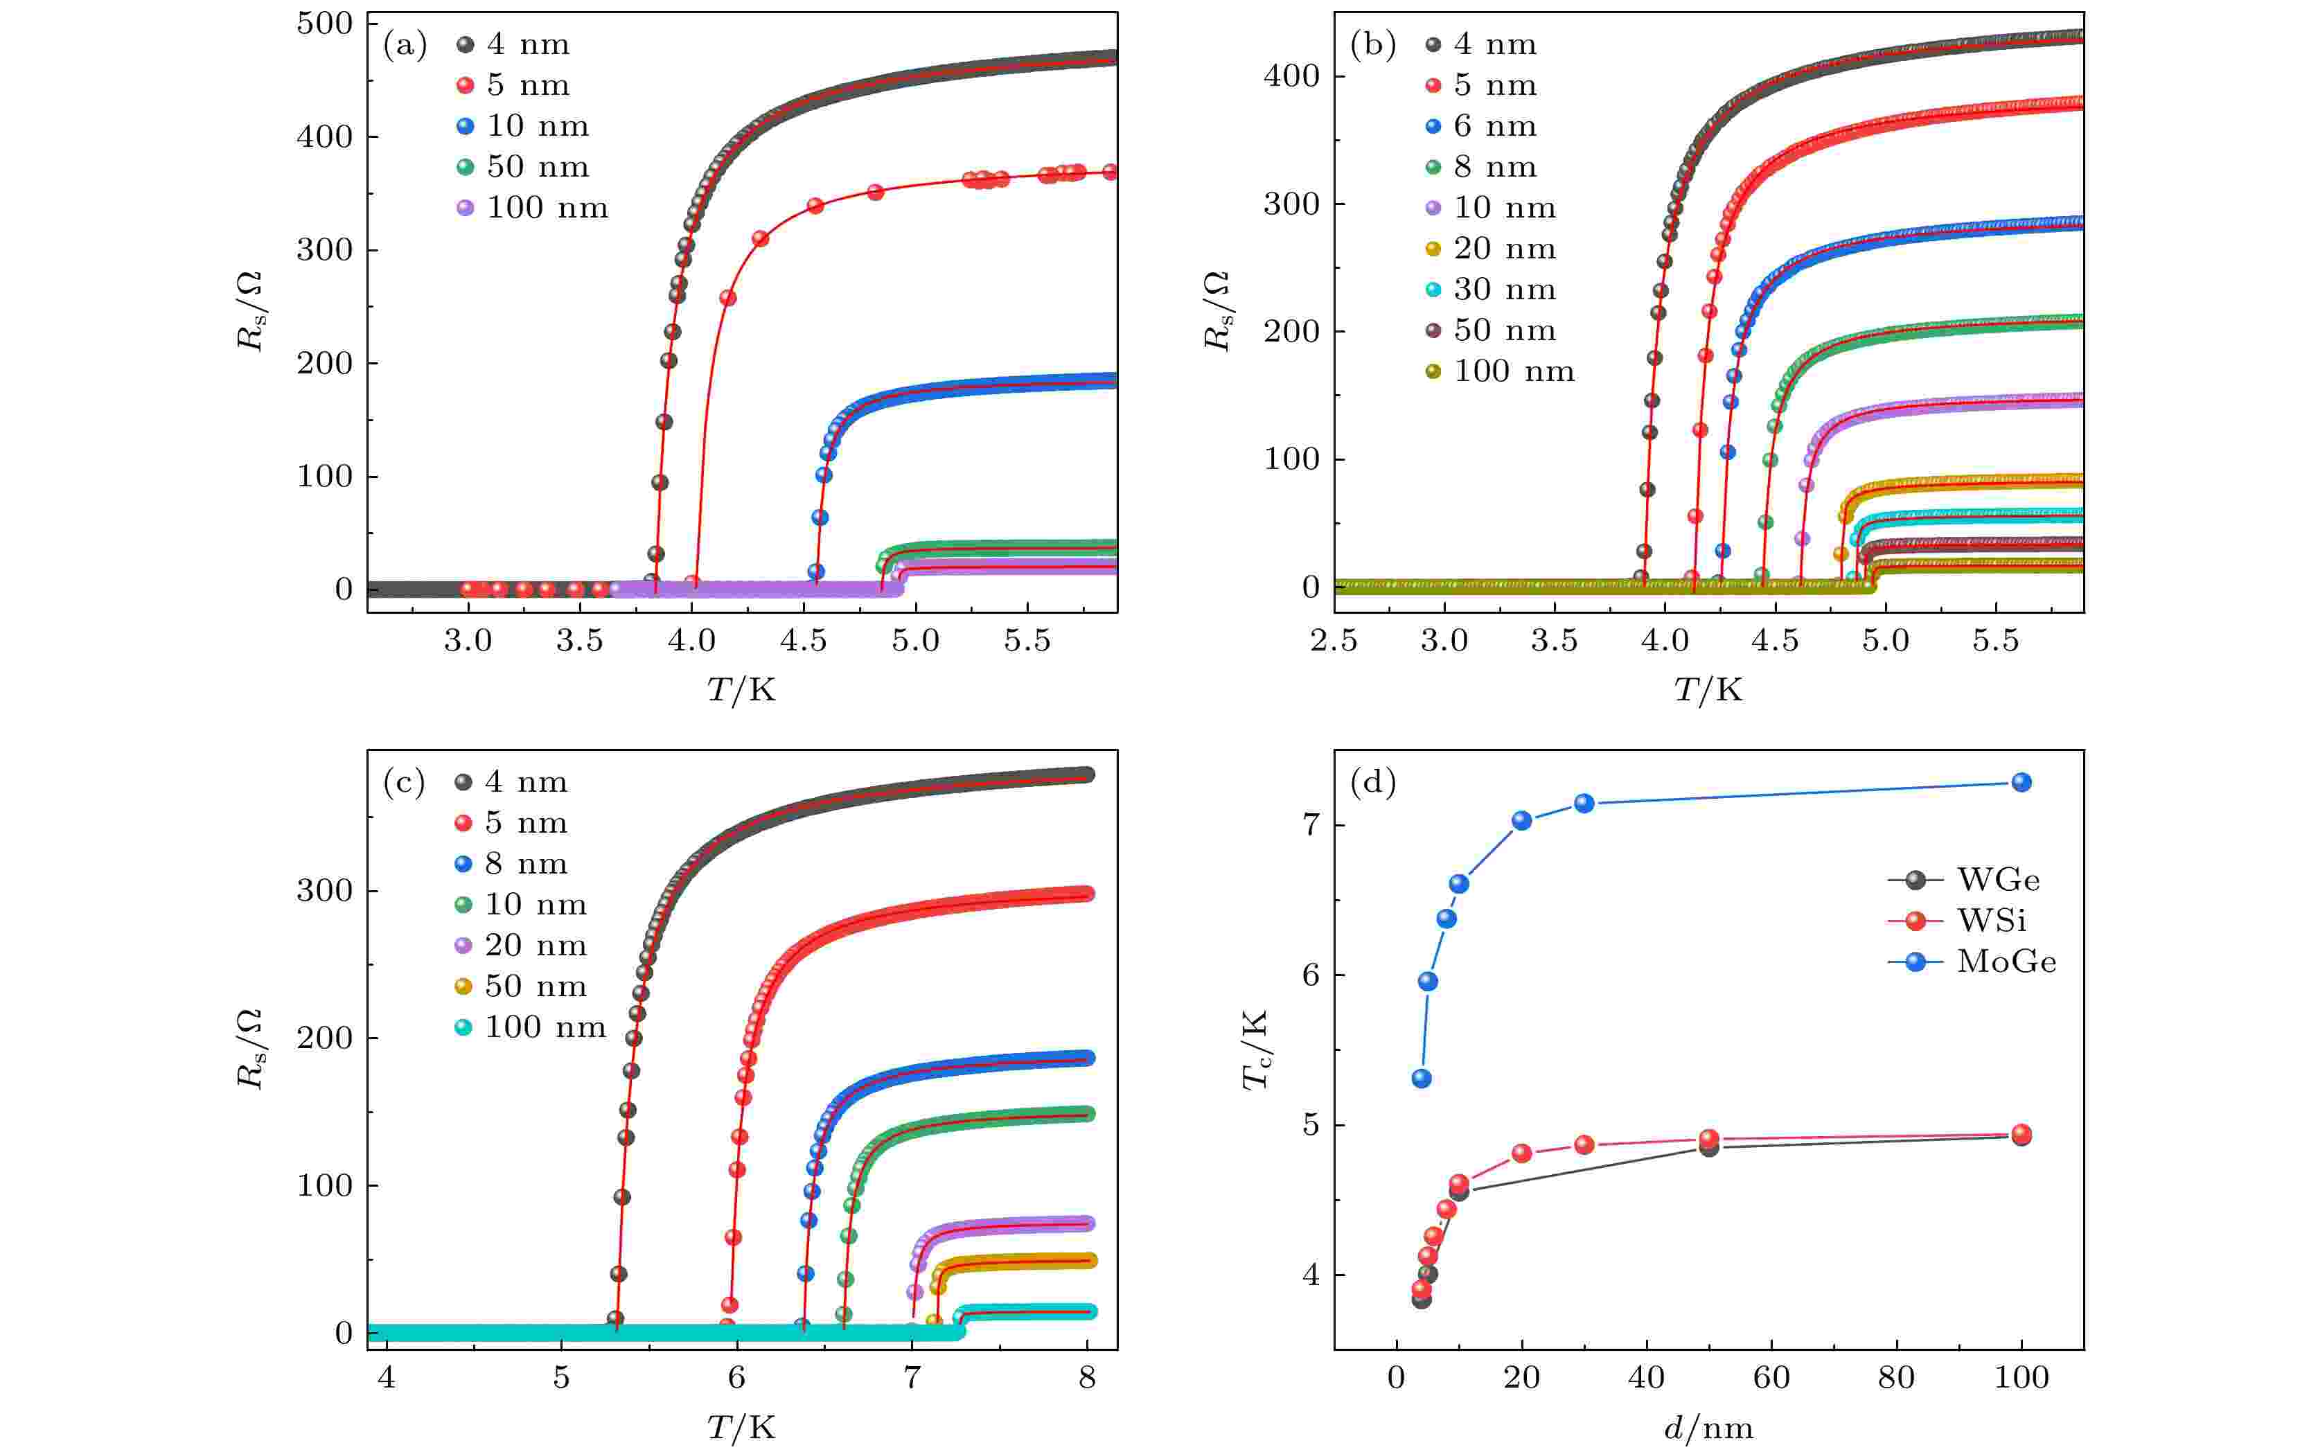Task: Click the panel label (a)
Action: click(405, 45)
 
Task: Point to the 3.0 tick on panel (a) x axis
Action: click(468, 641)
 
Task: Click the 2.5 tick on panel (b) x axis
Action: click(1334, 641)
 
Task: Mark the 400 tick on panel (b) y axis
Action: click(1291, 76)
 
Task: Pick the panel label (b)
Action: click(1372, 45)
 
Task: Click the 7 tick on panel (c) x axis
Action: click(911, 1378)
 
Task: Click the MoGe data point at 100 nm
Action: click(2021, 783)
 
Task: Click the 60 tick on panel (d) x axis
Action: click(1771, 1378)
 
